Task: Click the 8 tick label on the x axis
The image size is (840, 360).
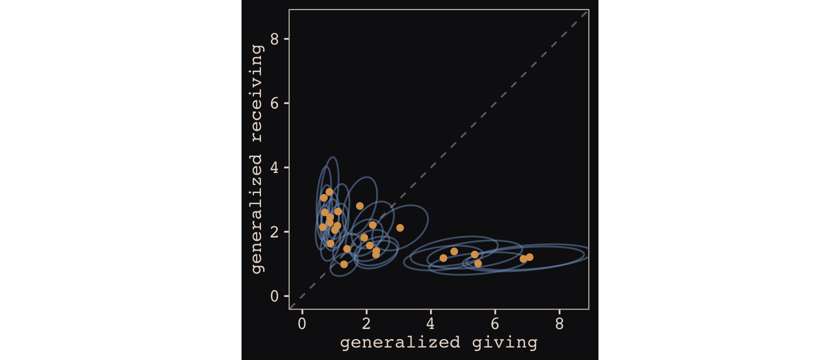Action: click(x=559, y=324)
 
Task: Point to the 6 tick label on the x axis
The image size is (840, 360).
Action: click(x=495, y=324)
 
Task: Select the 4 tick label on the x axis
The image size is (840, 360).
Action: click(x=430, y=324)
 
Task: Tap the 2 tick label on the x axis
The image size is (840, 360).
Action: click(x=366, y=324)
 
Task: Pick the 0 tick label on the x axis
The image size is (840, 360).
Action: click(x=302, y=324)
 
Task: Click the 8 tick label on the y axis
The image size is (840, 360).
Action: click(x=274, y=39)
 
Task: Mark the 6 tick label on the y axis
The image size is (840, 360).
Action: click(x=274, y=103)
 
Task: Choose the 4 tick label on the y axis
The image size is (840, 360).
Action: click(x=274, y=167)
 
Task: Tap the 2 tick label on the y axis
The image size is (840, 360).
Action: click(x=274, y=232)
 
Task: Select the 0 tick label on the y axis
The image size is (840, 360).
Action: click(x=274, y=296)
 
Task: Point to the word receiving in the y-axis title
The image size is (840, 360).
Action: click(x=257, y=93)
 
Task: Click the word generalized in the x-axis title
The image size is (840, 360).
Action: click(x=400, y=343)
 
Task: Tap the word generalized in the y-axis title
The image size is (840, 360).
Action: click(x=257, y=213)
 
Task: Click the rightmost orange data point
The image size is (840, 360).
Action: click(x=529, y=257)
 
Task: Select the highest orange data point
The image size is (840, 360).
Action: click(x=329, y=192)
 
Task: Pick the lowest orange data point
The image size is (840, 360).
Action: click(x=344, y=264)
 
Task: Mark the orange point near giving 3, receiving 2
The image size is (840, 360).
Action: click(x=400, y=228)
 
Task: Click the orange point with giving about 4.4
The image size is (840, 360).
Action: click(x=443, y=258)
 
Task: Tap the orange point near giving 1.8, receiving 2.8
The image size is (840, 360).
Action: click(x=360, y=206)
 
